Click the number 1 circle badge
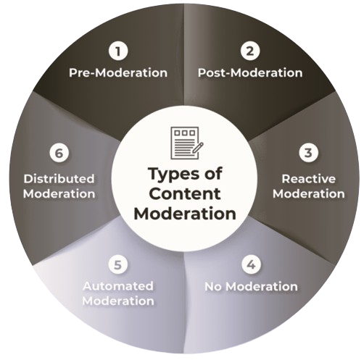pos(118,51)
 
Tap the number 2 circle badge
pos(250,51)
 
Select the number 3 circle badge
pos(308,153)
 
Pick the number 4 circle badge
pos(252,265)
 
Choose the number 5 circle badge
pos(117,265)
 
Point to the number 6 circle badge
pos(59,153)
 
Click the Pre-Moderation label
pos(118,72)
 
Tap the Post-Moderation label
pos(250,72)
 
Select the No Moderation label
pos(251,287)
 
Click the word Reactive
pos(309,179)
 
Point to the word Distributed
pos(59,179)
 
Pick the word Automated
pos(118,286)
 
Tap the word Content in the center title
pos(185,194)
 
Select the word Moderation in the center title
pos(185,214)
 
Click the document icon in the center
pos(187,143)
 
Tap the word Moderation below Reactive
pos(309,194)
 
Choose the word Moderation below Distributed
pos(59,194)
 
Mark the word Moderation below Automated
pos(118,301)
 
